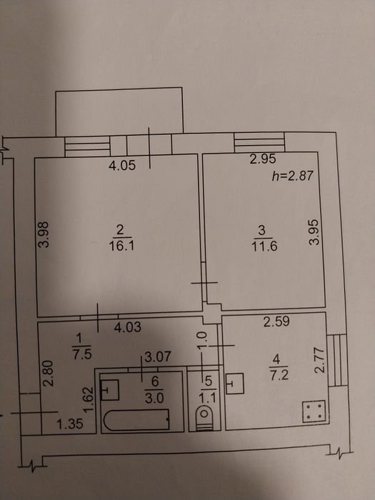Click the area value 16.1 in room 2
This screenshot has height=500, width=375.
tap(121, 246)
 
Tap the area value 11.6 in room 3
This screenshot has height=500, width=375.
tap(264, 246)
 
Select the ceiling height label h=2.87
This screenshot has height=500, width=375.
tap(293, 176)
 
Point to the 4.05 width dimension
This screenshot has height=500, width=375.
tap(122, 165)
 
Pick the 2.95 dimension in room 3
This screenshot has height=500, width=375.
tap(263, 159)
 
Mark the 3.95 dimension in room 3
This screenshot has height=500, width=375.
tap(314, 232)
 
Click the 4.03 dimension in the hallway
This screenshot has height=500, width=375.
tap(128, 327)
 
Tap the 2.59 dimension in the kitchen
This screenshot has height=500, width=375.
tap(276, 321)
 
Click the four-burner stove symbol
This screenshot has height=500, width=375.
tap(314, 411)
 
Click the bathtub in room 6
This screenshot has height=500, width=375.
tap(136, 420)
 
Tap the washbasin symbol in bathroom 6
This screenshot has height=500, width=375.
tap(110, 390)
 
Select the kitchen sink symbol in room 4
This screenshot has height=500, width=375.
tap(235, 384)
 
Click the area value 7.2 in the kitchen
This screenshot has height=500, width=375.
tap(279, 375)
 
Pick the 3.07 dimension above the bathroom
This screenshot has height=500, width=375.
tap(158, 357)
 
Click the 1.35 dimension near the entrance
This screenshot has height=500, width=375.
tap(70, 424)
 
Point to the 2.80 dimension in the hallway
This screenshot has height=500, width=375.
tap(48, 374)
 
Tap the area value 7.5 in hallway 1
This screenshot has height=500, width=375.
tap(82, 354)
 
